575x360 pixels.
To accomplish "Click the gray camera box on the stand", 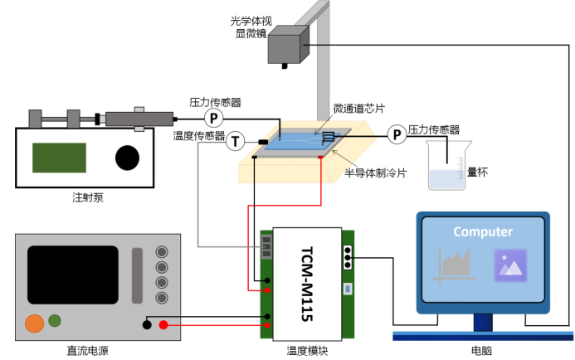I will pyautogui.click(x=288, y=45).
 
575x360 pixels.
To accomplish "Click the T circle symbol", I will pyautogui.click(x=236, y=143).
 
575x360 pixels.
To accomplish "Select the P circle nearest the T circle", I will pyautogui.click(x=214, y=118).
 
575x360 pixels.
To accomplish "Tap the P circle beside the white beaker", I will pyautogui.click(x=397, y=134).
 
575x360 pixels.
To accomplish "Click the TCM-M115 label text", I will pyautogui.click(x=306, y=283).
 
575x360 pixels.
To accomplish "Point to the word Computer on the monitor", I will pyautogui.click(x=483, y=232).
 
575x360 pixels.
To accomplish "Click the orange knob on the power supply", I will pyautogui.click(x=34, y=323).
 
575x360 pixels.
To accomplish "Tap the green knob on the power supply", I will pyautogui.click(x=55, y=320).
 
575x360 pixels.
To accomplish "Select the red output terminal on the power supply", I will pyautogui.click(x=163, y=325).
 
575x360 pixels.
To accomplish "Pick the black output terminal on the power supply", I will pyautogui.click(x=147, y=325).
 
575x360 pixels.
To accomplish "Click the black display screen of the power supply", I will pyautogui.click(x=73, y=275).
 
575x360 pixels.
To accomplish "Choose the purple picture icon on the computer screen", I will pyautogui.click(x=510, y=265).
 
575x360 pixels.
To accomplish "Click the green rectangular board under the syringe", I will pyautogui.click(x=59, y=158).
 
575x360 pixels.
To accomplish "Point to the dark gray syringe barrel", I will pyautogui.click(x=139, y=119).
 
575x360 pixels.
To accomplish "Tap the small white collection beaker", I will pyautogui.click(x=446, y=178).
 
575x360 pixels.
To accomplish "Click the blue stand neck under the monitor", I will pyautogui.click(x=482, y=323).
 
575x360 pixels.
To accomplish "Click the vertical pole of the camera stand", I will pyautogui.click(x=324, y=66).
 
